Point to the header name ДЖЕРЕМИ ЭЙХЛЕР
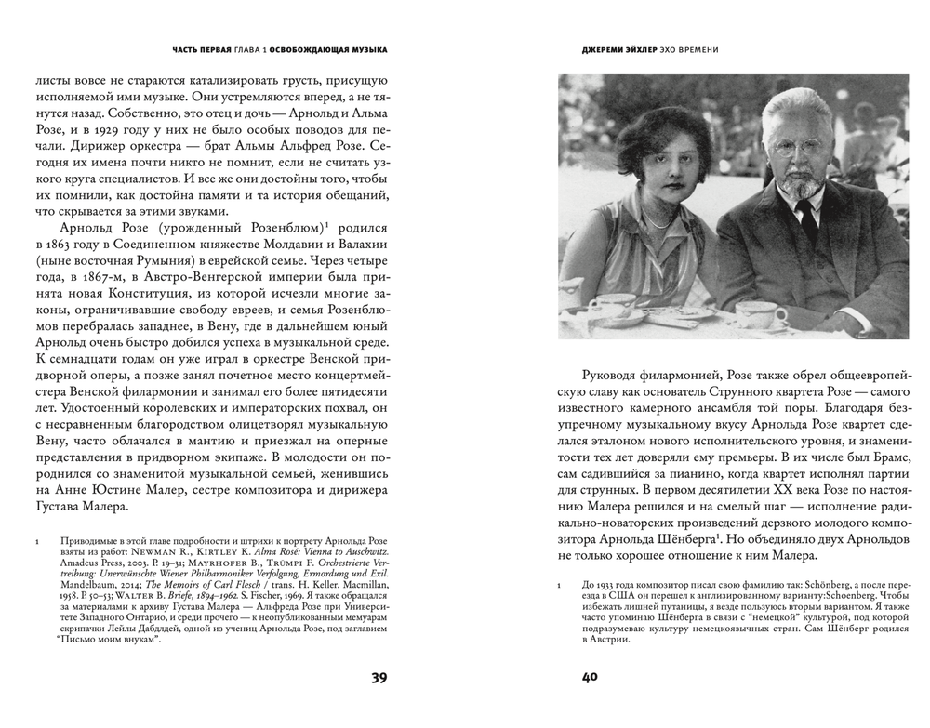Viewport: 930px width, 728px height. coord(614,48)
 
